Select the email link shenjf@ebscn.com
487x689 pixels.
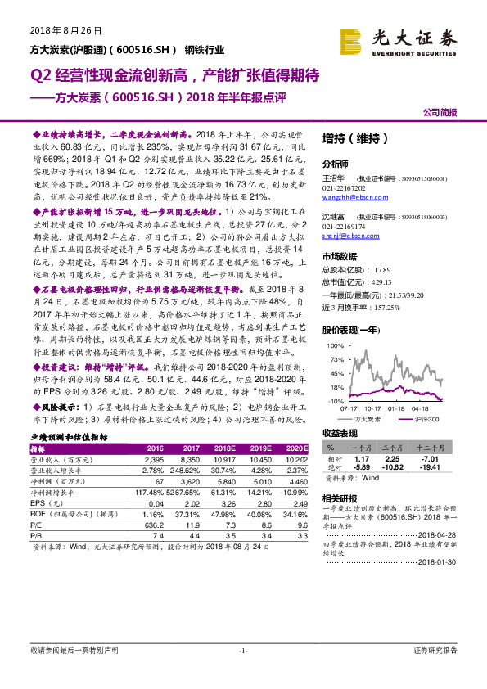(347, 259)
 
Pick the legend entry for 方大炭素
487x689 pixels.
(367, 418)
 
